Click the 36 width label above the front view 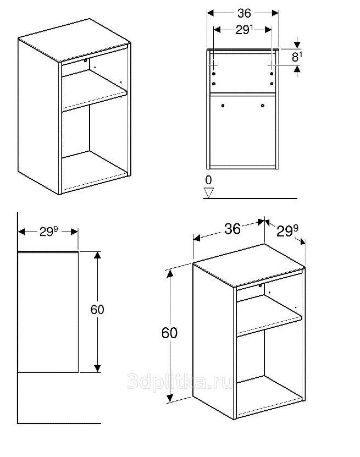[x=244, y=13]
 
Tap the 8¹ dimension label [x=297, y=57]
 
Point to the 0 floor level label [x=208, y=180]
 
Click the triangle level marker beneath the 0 [x=208, y=192]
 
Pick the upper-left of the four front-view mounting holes [x=214, y=74]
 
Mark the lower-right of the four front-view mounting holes [x=272, y=84]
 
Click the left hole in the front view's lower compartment [x=223, y=106]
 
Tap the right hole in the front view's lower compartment [x=263, y=106]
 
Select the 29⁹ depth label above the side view [x=48, y=232]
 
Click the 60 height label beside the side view [x=97, y=310]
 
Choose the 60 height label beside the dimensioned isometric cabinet [x=169, y=333]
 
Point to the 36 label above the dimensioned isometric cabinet [x=232, y=229]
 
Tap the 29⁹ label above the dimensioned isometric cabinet [x=287, y=231]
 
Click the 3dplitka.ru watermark [x=180, y=382]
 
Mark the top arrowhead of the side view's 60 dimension [x=97, y=255]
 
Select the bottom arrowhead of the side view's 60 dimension [x=97, y=368]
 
